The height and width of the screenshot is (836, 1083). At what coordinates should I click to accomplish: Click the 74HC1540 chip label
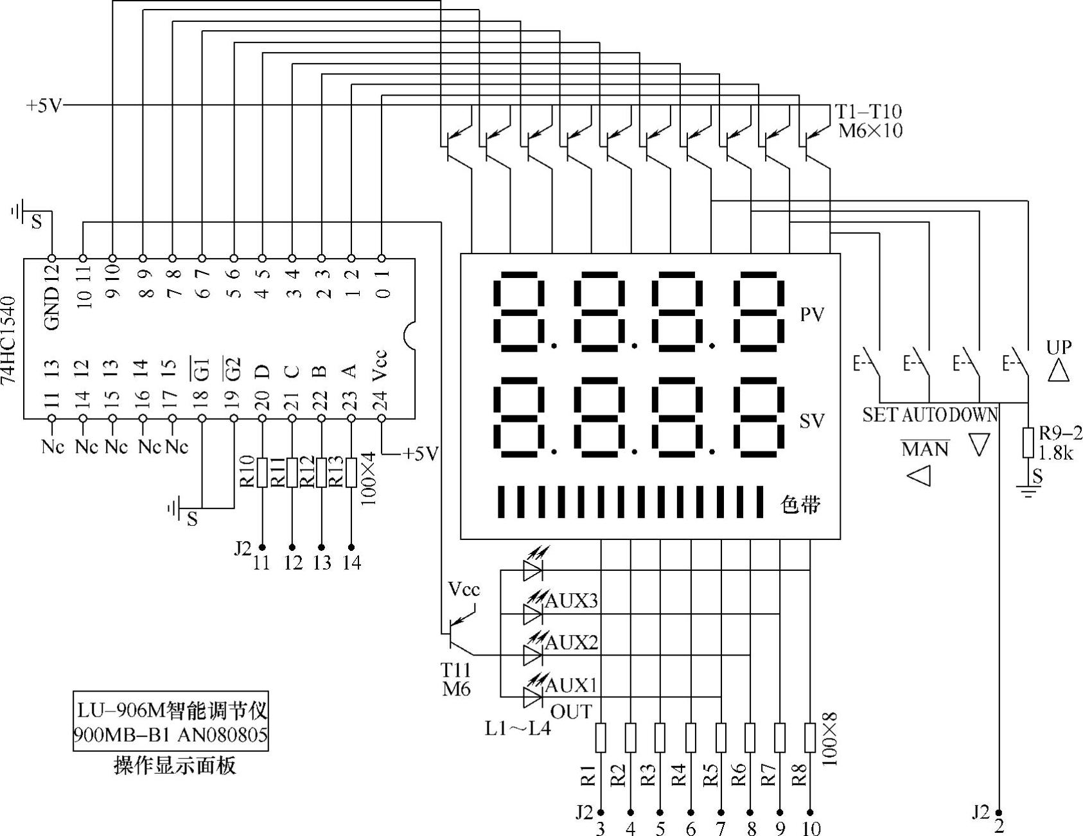[x=9, y=340]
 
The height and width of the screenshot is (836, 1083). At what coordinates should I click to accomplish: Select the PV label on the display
[x=811, y=315]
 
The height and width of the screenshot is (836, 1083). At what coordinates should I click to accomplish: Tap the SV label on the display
[x=811, y=421]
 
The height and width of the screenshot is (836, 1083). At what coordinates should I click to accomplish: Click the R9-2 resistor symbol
[x=1028, y=442]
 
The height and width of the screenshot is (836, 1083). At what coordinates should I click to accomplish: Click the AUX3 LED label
[x=571, y=601]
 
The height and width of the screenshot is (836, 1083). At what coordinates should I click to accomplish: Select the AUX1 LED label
[x=571, y=685]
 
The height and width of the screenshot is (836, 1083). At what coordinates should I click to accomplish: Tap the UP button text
[x=1059, y=347]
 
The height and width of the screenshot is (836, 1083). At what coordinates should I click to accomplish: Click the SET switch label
[x=879, y=415]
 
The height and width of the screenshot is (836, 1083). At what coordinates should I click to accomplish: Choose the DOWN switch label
[x=974, y=415]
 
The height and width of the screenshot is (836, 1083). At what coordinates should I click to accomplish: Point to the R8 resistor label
[x=799, y=776]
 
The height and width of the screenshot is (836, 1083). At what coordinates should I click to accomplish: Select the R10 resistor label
[x=248, y=472]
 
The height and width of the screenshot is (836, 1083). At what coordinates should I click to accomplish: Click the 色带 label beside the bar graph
[x=800, y=505]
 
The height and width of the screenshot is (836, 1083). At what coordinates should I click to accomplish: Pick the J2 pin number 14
[x=351, y=562]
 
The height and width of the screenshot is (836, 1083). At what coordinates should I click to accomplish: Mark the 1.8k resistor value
[x=1057, y=453]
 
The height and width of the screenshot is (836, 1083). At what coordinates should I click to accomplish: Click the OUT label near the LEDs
[x=571, y=711]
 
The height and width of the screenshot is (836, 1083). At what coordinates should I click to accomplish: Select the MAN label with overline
[x=925, y=449]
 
